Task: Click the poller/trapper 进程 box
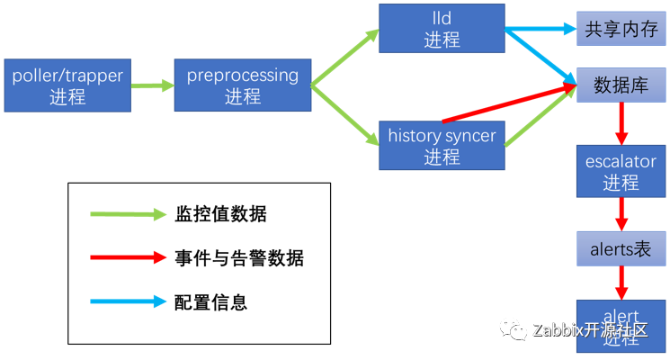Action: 67,85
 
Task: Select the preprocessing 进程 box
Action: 243,85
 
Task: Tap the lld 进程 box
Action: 442,28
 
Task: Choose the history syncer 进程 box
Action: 442,146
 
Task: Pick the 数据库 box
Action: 621,85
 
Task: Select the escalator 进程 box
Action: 621,172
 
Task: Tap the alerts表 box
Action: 621,248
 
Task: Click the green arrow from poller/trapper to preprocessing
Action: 153,86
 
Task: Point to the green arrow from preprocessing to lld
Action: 344,58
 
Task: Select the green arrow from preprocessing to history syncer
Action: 344,114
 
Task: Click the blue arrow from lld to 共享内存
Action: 540,29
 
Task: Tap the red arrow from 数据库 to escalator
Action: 621,122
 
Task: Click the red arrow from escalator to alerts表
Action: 621,214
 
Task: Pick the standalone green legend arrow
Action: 128,214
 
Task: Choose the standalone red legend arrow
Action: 128,257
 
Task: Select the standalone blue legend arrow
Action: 128,301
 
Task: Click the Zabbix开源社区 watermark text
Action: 590,329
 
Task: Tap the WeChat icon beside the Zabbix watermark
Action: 515,329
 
